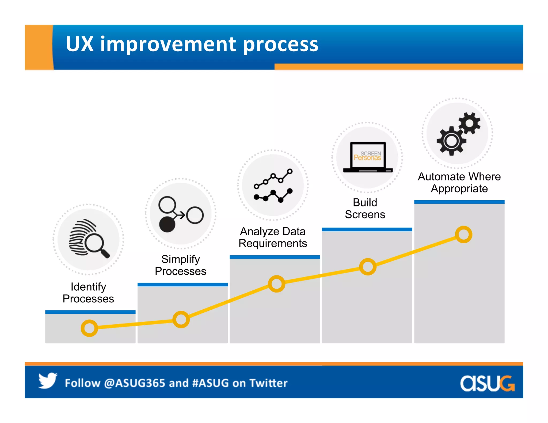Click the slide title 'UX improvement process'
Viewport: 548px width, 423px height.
pos(192,44)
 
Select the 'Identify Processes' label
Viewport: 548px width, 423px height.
pos(88,293)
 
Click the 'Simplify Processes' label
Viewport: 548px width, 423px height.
pos(181,265)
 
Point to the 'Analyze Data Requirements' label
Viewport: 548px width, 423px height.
pos(273,237)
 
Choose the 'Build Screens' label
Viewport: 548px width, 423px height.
pos(365,208)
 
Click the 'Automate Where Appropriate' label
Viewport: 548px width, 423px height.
pos(459,182)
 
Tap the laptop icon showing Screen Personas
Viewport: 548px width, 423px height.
pos(368,157)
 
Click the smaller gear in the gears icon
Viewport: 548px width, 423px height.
pos(470,123)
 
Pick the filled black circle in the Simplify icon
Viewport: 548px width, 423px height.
pos(167,224)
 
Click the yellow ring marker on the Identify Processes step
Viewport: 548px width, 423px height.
pos(89,328)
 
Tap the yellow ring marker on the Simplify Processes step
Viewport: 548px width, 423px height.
pos(181,319)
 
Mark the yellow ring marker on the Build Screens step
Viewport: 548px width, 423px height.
pos(368,267)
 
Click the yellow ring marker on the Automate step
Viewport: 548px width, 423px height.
pos(463,234)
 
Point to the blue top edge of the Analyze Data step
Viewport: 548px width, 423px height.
pos(275,257)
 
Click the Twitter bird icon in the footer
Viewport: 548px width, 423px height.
pos(48,380)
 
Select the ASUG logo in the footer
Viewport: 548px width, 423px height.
pos(487,383)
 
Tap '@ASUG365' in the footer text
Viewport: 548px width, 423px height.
pos(135,383)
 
